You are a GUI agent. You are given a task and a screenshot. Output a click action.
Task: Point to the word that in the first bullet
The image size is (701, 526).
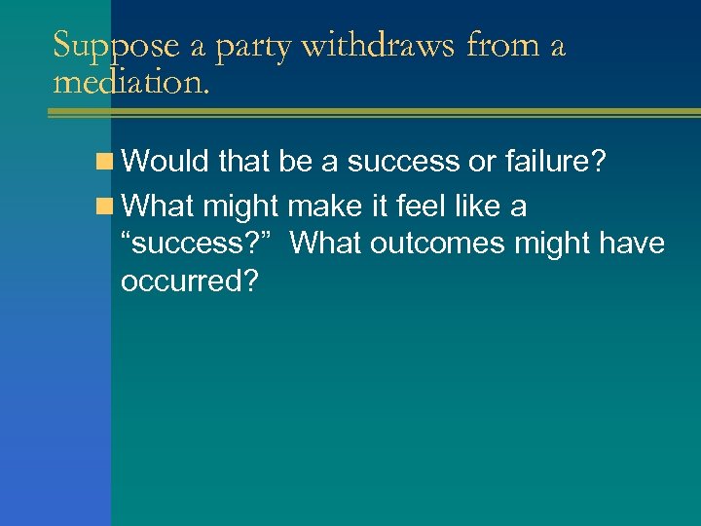pos(245,161)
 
